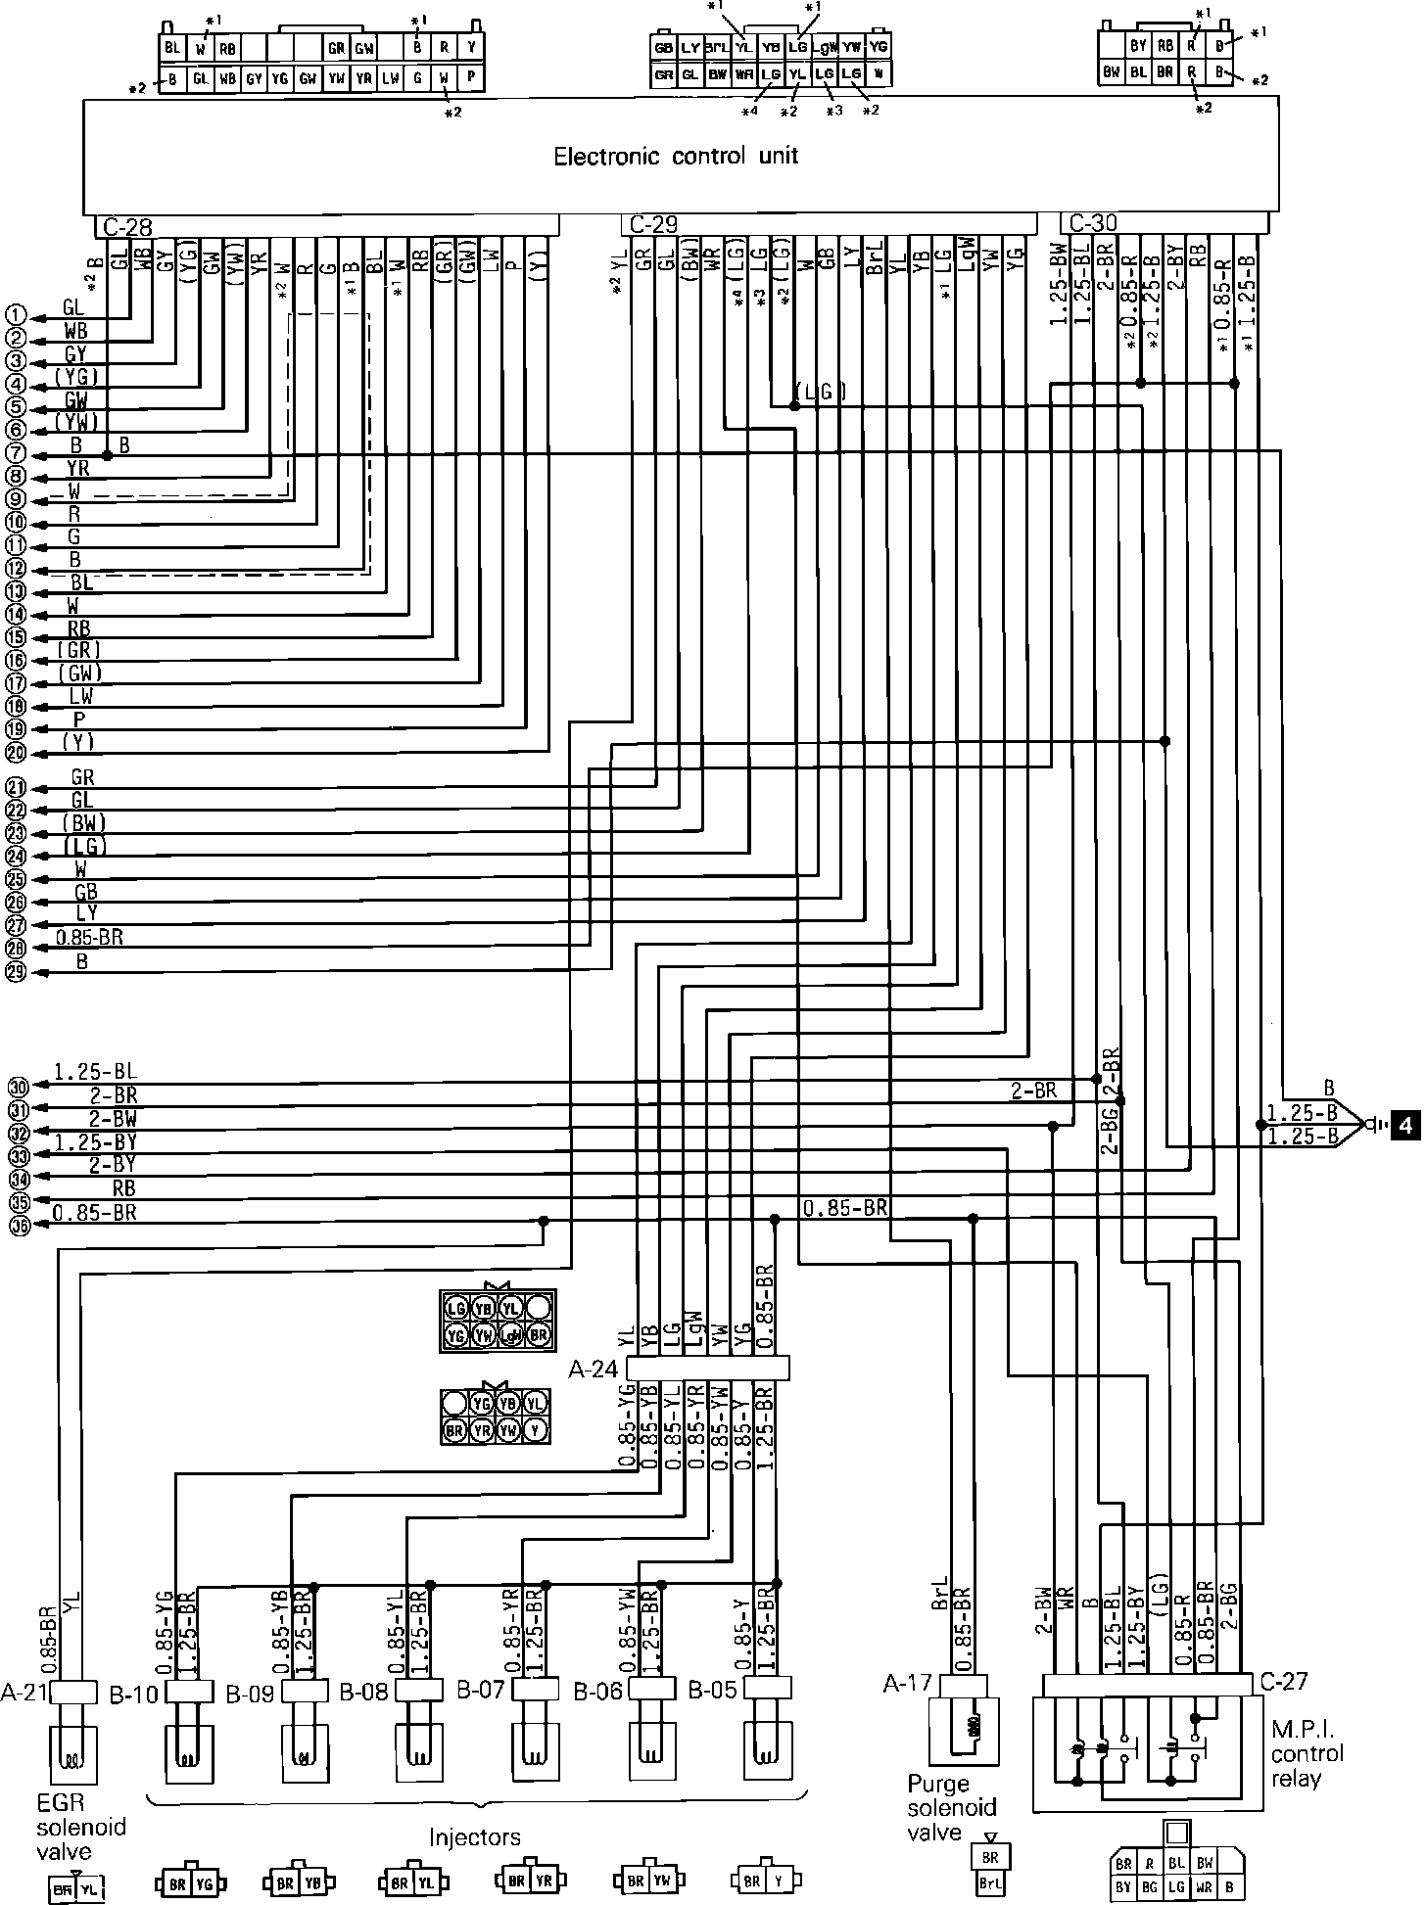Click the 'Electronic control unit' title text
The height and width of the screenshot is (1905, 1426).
676,157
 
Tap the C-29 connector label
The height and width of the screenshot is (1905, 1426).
652,225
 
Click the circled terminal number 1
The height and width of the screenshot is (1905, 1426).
15,315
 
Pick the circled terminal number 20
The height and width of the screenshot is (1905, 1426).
15,753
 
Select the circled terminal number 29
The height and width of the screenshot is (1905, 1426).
15,971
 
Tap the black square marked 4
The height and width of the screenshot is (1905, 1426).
1406,1125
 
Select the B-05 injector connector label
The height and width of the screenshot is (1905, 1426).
712,1691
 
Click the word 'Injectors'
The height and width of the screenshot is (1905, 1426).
475,1837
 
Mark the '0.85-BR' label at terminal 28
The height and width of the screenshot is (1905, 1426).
89,938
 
